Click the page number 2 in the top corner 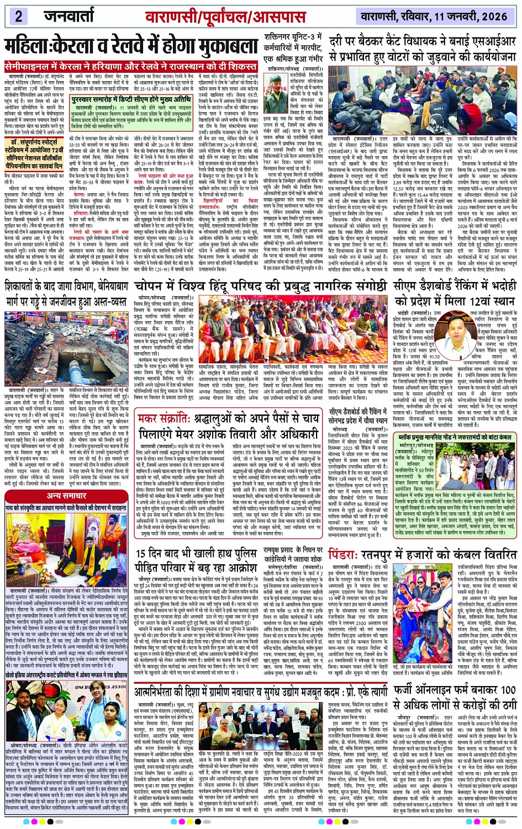[18, 15]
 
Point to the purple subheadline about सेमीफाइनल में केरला [130, 65]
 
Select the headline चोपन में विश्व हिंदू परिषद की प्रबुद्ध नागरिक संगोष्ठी [261, 288]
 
